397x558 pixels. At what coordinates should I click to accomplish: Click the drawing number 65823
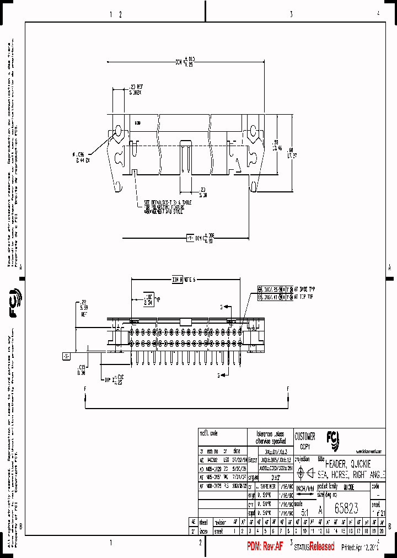346,509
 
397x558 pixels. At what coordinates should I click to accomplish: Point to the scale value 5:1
303,512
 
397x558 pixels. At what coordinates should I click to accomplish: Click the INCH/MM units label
305,489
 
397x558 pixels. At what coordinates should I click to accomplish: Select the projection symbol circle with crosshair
301,473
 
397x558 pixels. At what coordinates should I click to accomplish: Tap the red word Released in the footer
321,546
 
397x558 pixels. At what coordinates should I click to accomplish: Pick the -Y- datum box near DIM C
191,238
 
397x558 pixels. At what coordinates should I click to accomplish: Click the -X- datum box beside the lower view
66,356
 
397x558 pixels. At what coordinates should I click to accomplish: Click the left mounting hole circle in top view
117,131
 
